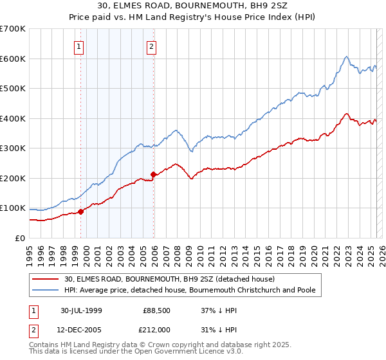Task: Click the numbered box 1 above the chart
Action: [x=78, y=46]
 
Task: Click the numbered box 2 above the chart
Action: [x=151, y=46]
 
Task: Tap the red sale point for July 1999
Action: [x=81, y=212]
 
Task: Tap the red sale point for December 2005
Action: [x=153, y=174]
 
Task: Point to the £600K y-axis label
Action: [x=13, y=59]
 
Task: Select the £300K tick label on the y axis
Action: [x=13, y=148]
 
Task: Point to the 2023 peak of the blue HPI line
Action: [x=346, y=57]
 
